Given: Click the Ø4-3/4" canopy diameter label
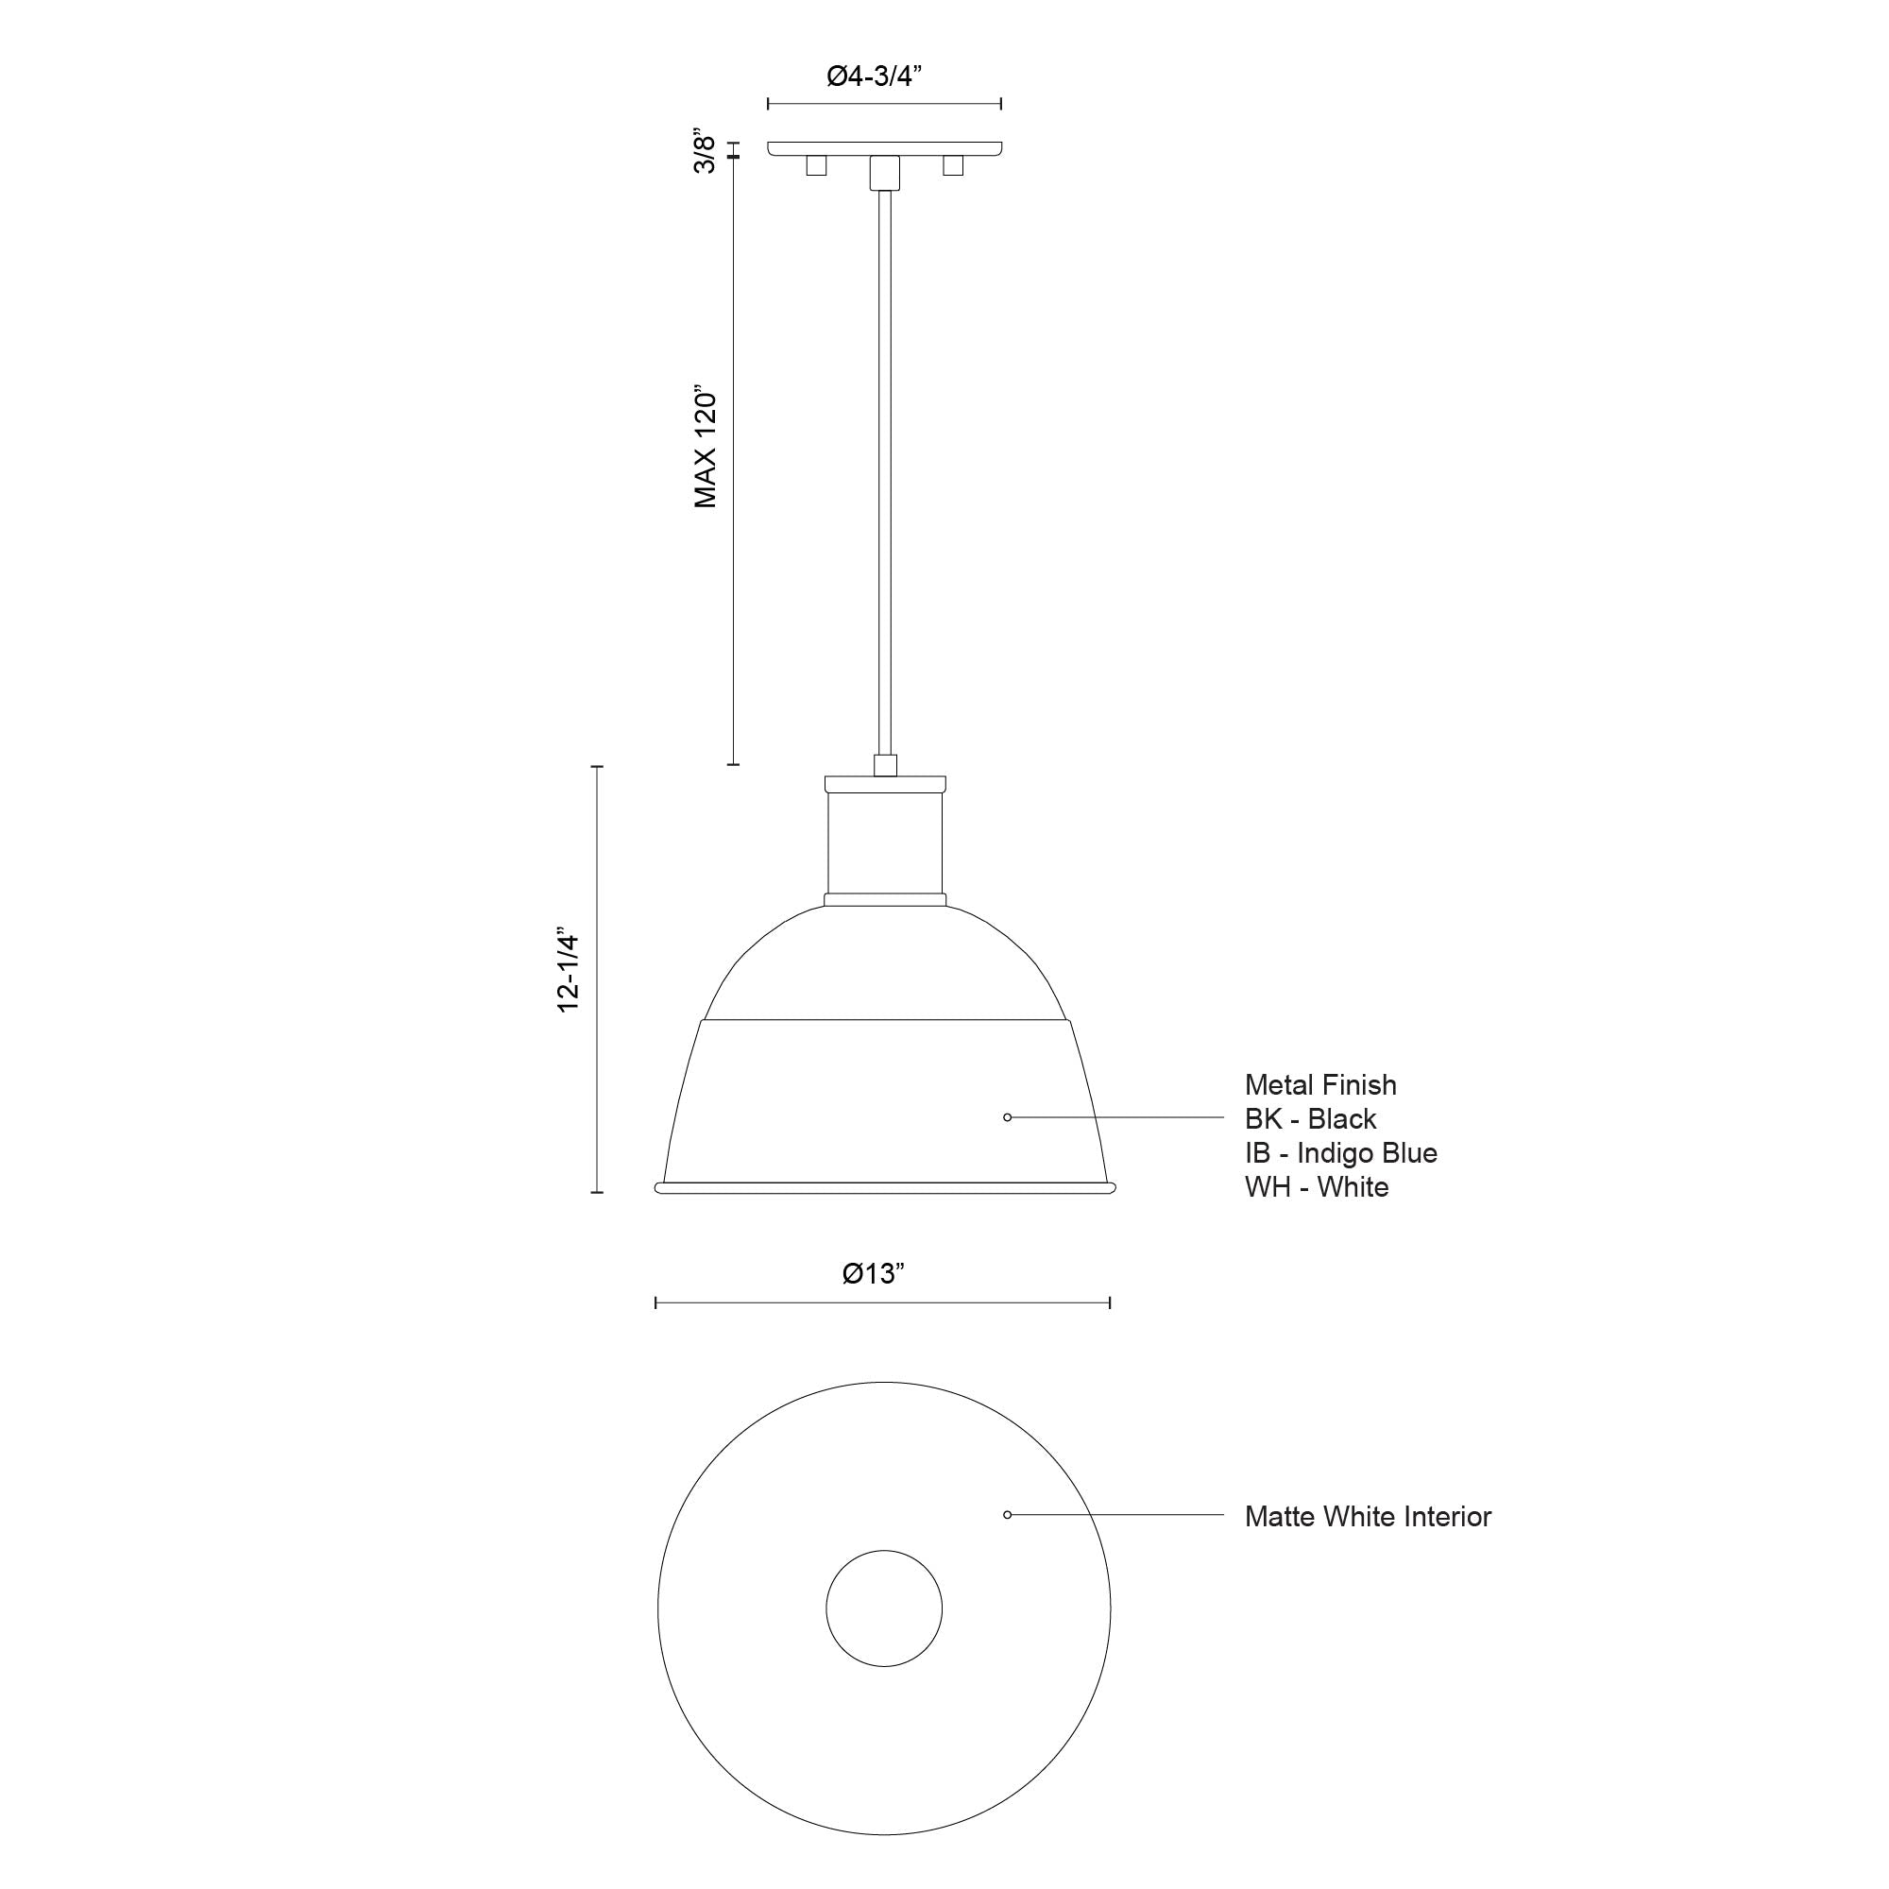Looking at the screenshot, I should tap(876, 77).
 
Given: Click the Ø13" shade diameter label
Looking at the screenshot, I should tap(874, 1273).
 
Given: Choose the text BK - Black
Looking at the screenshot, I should tap(1310, 1118).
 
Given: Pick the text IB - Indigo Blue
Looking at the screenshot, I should tap(1340, 1152).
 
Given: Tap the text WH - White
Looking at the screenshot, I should tap(1316, 1187).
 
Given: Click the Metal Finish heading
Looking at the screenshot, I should tap(1320, 1084).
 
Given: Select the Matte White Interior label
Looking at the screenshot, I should tap(1368, 1517).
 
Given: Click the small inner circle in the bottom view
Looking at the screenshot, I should tap(884, 1608).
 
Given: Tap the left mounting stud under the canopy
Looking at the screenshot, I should tap(815, 165).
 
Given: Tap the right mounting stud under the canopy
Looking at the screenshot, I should tap(952, 165).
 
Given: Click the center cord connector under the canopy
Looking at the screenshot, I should tap(884, 172).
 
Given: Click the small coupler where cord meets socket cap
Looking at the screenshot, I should tap(885, 765).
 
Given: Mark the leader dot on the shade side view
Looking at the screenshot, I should tap(1007, 1116).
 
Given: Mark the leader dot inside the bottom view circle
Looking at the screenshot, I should tap(1007, 1515).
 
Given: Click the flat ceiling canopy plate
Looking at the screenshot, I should tap(884, 148).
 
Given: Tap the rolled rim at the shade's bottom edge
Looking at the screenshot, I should tap(885, 1188).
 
